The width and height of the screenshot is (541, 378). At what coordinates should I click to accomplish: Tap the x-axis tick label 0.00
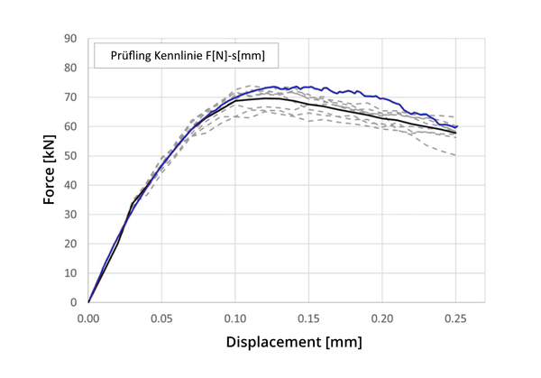coord(88,318)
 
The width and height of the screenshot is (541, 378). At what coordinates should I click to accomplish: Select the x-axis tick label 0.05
coord(162,318)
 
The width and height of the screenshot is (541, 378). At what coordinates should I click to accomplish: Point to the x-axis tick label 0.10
coord(235,318)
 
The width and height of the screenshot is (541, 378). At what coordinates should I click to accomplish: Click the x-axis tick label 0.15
coord(309,318)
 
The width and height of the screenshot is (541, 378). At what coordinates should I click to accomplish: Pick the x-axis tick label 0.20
coord(382,318)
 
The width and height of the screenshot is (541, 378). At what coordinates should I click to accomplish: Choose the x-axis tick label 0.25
coord(456,318)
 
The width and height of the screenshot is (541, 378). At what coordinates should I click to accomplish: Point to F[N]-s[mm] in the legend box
coord(238,56)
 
